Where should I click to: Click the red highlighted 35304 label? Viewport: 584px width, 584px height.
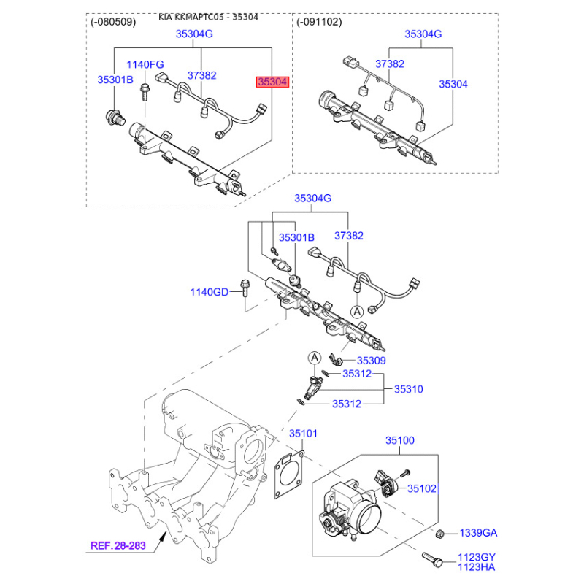coord(272,82)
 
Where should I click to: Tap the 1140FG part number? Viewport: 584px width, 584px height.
coord(145,64)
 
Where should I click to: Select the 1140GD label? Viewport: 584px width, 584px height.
coord(210,292)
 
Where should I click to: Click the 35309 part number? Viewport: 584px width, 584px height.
coord(371,361)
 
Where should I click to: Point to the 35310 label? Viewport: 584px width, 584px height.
coord(409,389)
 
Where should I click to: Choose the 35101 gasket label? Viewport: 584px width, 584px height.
coord(303,434)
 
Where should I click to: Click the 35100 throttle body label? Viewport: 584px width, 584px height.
coord(399,440)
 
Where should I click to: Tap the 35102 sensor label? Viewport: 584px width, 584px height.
coord(422,488)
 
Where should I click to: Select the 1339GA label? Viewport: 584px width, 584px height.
coord(478,533)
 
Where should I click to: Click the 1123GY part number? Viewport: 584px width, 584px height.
coord(477,557)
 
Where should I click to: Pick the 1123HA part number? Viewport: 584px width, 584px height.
coord(477,567)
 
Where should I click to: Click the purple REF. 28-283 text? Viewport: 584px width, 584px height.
coord(118,545)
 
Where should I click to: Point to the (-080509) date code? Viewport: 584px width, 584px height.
coord(113,22)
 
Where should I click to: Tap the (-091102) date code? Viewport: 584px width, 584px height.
coord(319,22)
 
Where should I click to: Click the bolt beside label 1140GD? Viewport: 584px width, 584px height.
coord(245,288)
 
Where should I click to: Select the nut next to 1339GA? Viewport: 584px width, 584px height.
coord(439,534)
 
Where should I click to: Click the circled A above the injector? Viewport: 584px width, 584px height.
coord(315,358)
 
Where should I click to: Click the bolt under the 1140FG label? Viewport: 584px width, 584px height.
coord(144,92)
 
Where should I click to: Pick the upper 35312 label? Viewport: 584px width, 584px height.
coord(357,374)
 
